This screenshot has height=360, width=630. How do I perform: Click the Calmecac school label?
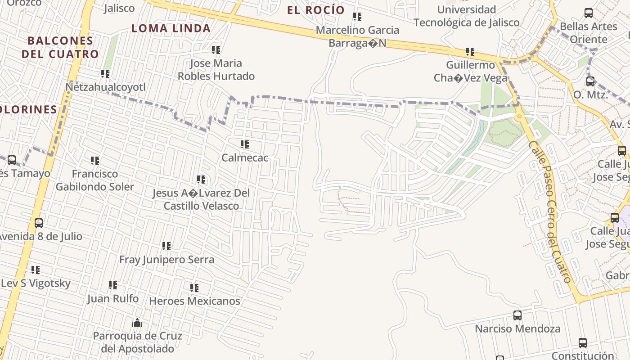245,158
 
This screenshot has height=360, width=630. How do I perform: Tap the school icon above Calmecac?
245,144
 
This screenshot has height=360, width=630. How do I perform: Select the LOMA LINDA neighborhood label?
171,28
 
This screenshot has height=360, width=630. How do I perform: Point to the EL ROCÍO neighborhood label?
316,10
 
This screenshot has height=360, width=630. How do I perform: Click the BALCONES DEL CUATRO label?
60,47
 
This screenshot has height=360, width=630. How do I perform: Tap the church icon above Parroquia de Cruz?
137,323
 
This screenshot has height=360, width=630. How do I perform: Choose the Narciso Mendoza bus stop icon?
517,315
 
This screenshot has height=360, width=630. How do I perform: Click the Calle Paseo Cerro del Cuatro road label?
550,211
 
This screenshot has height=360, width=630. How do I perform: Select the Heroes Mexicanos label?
194,301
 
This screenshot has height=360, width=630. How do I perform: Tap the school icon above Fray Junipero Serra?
166,246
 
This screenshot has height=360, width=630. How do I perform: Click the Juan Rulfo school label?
113,298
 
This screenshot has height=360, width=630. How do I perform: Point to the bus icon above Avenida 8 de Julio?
39,223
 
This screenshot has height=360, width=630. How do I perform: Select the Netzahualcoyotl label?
106,87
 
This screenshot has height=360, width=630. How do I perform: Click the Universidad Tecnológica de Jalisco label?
467,16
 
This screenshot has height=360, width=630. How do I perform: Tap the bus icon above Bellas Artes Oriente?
588,13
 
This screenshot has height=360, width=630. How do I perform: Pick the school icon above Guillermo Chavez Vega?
470,52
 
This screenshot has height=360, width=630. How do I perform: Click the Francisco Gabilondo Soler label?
95,180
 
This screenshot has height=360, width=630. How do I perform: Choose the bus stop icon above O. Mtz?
590,81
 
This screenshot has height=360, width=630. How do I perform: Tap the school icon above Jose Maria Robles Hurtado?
216,50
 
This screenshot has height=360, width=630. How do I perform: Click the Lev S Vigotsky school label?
36,283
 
